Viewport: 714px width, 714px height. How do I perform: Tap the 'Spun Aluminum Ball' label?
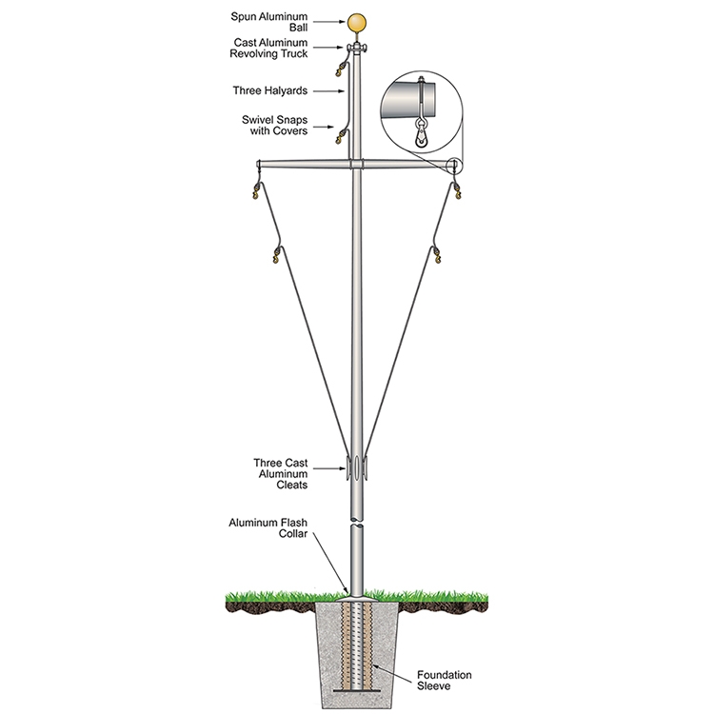[x=287, y=22]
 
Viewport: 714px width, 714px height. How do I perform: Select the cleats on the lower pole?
[x=357, y=468]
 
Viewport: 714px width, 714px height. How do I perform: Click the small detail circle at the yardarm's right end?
[x=455, y=166]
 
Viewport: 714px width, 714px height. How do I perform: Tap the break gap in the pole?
[x=357, y=521]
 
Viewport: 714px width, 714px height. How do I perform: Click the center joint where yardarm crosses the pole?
[x=357, y=166]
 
